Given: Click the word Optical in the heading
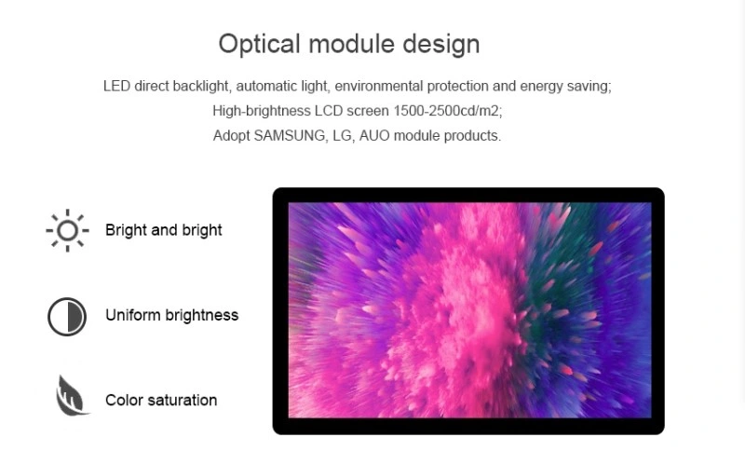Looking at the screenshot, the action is coord(260,44).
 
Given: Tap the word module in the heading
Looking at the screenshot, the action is coord(352,44).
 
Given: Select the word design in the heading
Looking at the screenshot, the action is coord(441,45).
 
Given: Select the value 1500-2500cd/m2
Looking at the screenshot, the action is coord(448,111).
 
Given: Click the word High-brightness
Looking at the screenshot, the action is coord(262,111).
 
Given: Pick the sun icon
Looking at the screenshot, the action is coord(67,230).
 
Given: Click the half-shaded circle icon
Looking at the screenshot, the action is coord(67,317).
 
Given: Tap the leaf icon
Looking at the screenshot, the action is coord(72,396).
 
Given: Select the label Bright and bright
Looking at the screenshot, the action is coord(164,230).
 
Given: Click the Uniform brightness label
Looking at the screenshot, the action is coord(172,315).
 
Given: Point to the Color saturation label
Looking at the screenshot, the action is coord(161,400).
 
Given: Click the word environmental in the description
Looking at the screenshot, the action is coord(379,86).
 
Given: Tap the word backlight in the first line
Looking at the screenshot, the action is coord(201,87).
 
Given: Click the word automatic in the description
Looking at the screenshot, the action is coord(266,86).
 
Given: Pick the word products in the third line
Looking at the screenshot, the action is coord(472,136).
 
